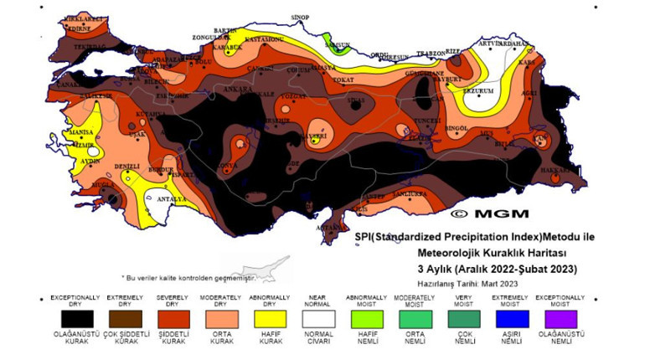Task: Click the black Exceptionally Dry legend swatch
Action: [75, 320]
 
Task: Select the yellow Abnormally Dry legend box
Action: [271, 320]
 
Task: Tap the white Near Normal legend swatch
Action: [319, 320]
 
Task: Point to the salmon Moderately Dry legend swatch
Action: [222, 320]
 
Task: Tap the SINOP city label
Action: [299, 17]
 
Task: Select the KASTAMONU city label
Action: [263, 39]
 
